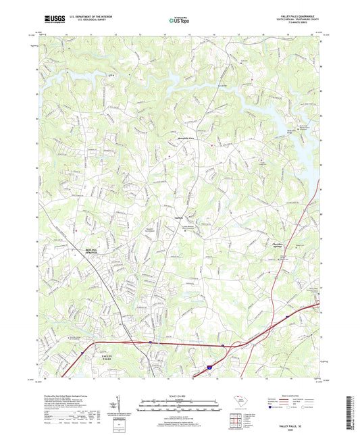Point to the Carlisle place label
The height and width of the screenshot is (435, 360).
[180, 218]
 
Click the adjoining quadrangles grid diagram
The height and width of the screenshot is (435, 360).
[237, 421]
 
